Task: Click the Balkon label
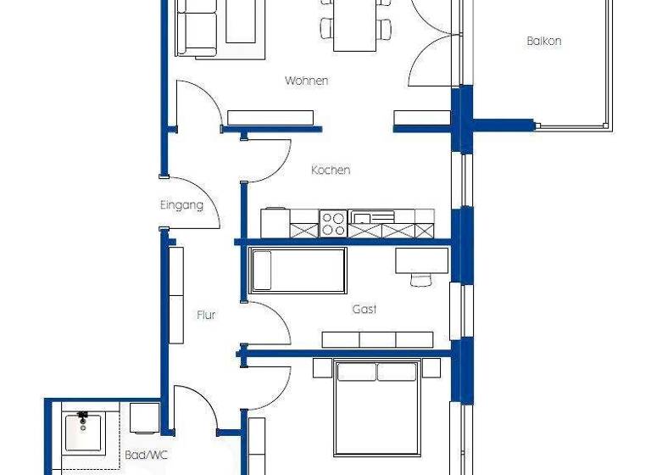pos(544,41)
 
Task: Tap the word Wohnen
pos(306,81)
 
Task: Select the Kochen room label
pos(331,170)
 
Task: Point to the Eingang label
pos(181,205)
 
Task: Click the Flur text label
pos(206,315)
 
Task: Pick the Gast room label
pos(364,310)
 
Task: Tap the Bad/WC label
pos(147,455)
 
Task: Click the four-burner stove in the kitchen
pos(333,224)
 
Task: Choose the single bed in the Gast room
pos(298,271)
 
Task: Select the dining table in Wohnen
pos(353,25)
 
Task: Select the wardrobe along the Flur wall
pos(176,295)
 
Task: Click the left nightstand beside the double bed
pos(322,367)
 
